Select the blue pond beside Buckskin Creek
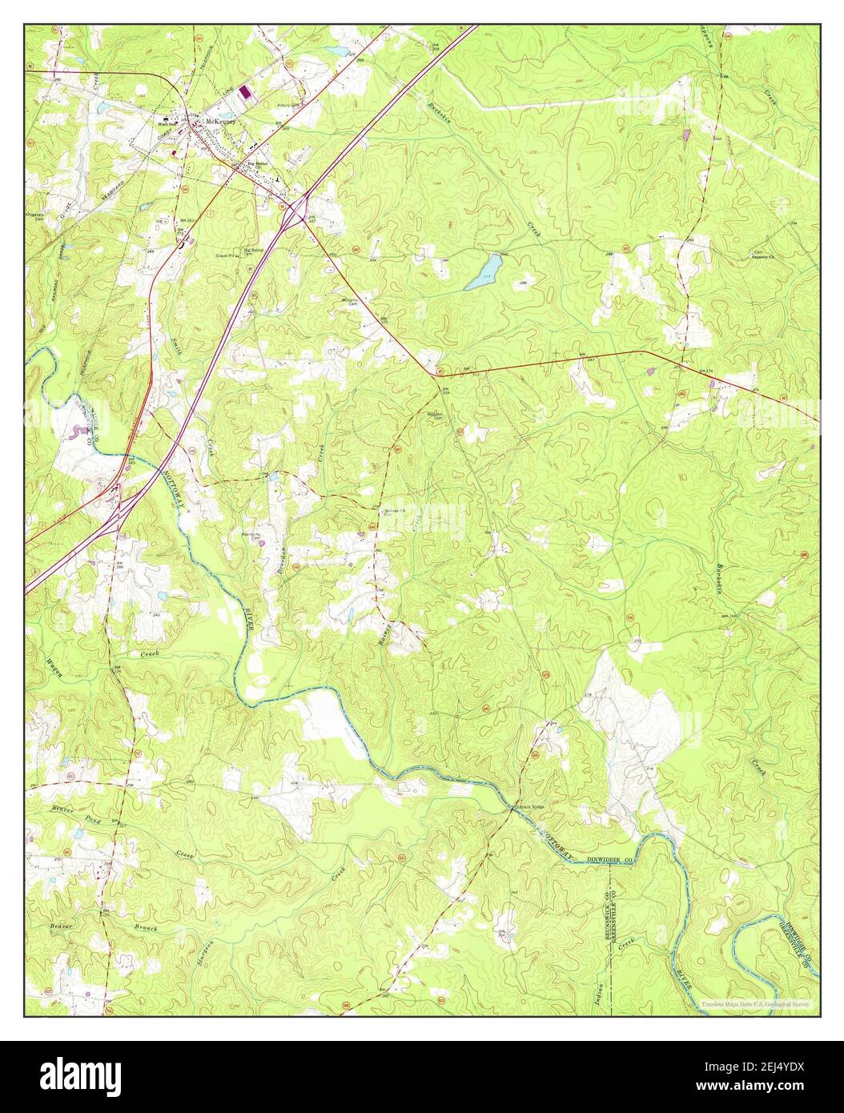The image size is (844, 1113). pos(484,271)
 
